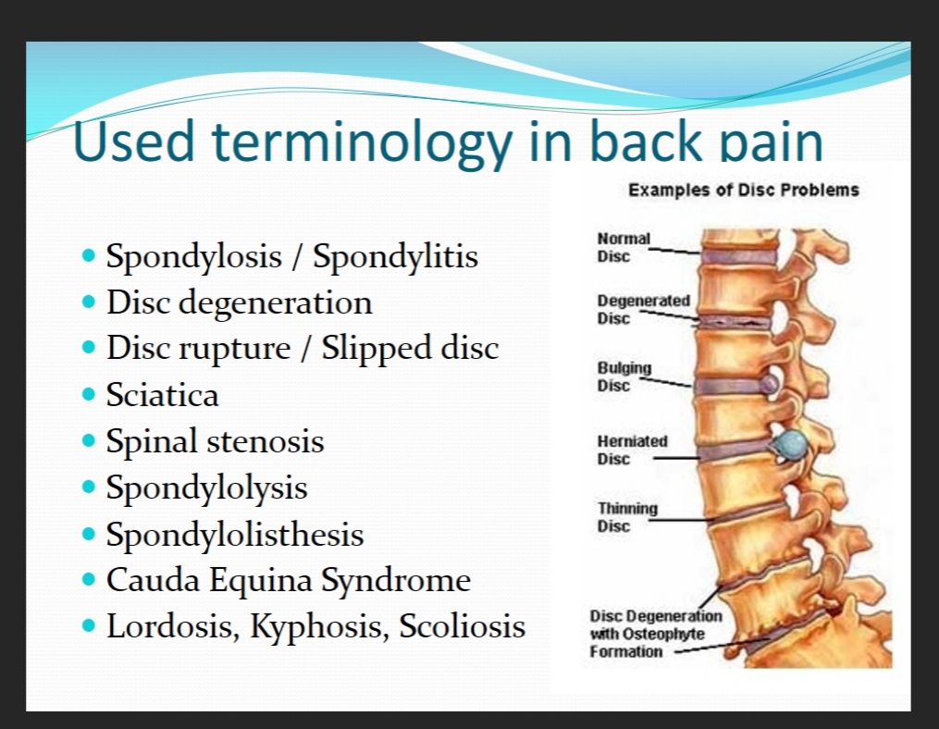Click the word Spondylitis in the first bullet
[395, 257]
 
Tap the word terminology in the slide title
[363, 142]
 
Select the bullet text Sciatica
[162, 395]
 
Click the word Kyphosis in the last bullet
[315, 627]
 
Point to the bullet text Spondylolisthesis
[235, 535]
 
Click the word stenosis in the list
[266, 441]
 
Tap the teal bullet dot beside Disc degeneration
[89, 302]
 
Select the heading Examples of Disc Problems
[744, 191]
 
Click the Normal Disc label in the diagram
[624, 247]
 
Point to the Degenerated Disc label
[643, 309]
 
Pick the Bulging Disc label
[624, 377]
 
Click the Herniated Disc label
[632, 450]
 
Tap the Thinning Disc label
[627, 517]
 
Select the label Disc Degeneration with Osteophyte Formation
[656, 634]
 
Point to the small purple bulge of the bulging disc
[770, 383]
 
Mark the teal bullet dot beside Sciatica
[89, 394]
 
